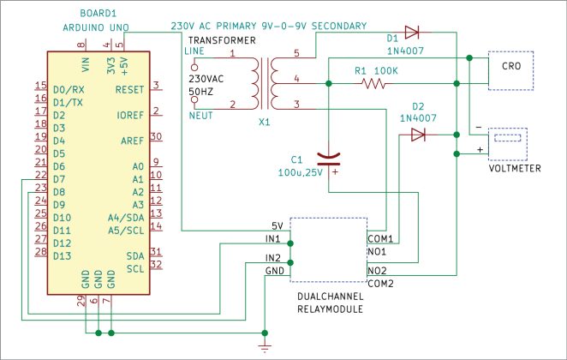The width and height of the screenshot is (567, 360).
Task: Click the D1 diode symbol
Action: (412, 32)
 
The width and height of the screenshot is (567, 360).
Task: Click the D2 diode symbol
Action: (418, 135)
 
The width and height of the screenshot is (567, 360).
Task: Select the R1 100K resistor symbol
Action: (374, 84)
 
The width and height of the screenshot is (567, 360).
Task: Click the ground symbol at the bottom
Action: (265, 345)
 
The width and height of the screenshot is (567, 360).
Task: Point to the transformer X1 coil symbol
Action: (263, 81)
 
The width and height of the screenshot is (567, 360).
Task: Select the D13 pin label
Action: (63, 255)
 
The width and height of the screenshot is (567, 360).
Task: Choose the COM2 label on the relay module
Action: (380, 283)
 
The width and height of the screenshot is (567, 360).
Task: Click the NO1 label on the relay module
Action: (377, 254)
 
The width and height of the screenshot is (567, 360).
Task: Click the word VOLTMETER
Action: (514, 169)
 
